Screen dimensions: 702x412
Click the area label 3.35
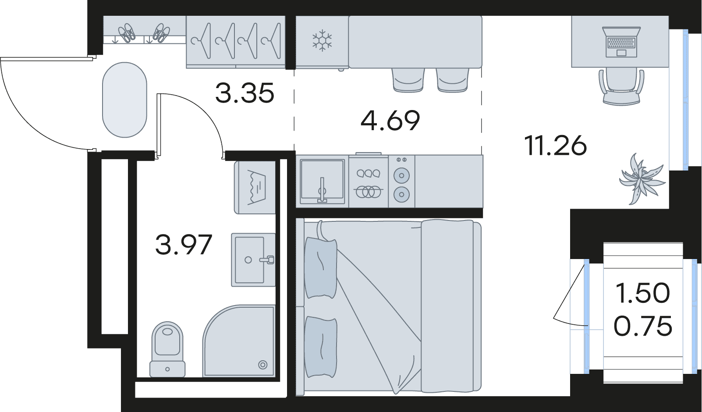click(245, 93)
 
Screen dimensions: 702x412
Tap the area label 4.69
click(390, 121)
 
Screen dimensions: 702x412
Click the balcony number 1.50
click(642, 293)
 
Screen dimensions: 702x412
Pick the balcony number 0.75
click(642, 326)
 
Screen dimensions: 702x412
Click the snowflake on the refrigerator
click(322, 41)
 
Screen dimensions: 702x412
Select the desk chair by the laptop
click(621, 86)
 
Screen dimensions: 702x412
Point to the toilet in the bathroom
click(167, 349)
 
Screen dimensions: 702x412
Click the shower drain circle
click(262, 365)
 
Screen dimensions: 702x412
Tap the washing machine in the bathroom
click(255, 188)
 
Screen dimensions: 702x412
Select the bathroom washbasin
click(253, 259)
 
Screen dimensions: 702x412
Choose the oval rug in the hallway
click(125, 99)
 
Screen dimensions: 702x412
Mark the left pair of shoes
click(127, 32)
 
